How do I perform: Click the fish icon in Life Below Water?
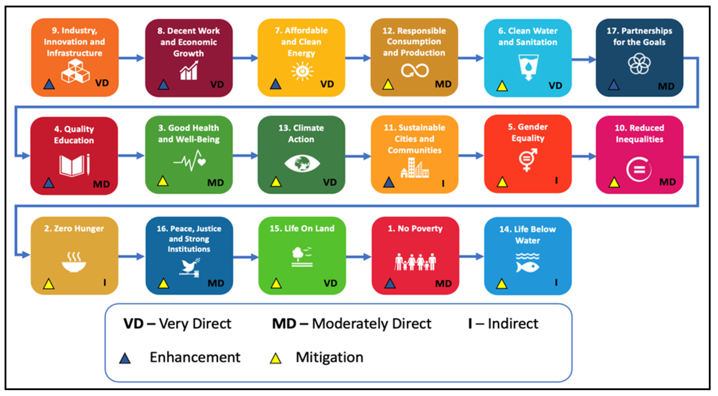pyautogui.click(x=527, y=266)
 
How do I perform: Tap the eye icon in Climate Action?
pyautogui.click(x=302, y=163)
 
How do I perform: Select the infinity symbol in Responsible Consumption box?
pyautogui.click(x=415, y=70)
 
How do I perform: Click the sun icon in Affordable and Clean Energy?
pyautogui.click(x=302, y=71)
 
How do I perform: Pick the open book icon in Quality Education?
pyautogui.click(x=72, y=165)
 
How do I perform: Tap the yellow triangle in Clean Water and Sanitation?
pyautogui.click(x=502, y=86)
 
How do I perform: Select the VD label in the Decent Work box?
pyautogui.click(x=217, y=84)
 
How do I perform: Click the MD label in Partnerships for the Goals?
pyautogui.click(x=666, y=86)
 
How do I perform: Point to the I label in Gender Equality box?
pyautogui.click(x=556, y=181)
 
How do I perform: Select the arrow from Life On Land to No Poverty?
pyautogui.click(x=358, y=257)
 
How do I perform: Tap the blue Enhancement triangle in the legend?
pyautogui.click(x=125, y=358)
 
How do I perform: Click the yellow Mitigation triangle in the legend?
pyautogui.click(x=275, y=358)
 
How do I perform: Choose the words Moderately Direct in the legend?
pyautogui.click(x=371, y=324)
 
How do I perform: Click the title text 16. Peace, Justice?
pyautogui.click(x=189, y=229)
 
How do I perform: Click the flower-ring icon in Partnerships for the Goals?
pyautogui.click(x=639, y=64)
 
